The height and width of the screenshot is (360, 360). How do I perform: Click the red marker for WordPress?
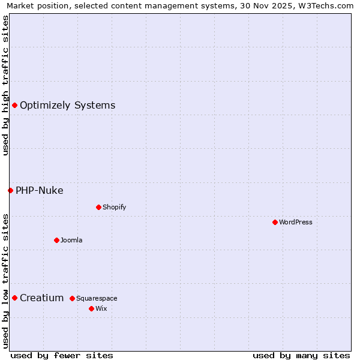(275, 222)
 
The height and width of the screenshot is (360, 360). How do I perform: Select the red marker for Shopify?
(98, 207)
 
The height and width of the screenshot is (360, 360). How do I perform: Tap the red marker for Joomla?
(56, 240)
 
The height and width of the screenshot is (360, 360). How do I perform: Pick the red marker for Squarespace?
(72, 298)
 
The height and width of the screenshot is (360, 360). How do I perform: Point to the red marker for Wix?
(91, 308)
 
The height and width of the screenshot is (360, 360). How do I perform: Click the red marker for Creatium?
(14, 298)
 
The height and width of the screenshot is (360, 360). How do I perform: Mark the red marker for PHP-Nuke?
(10, 190)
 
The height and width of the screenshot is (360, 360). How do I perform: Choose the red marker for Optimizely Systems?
(14, 105)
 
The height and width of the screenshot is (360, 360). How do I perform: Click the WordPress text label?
(296, 222)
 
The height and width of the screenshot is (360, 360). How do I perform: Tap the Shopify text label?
(114, 207)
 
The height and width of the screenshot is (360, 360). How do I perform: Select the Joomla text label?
(71, 240)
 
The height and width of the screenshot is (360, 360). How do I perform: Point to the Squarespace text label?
(97, 298)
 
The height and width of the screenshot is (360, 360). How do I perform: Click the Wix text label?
(101, 308)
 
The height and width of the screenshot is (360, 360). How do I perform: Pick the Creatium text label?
(41, 298)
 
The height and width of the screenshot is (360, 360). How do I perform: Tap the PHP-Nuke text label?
(39, 190)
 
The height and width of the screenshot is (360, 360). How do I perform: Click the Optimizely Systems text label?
(67, 105)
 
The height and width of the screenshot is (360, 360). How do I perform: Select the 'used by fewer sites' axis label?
(62, 355)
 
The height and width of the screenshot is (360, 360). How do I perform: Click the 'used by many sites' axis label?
(301, 355)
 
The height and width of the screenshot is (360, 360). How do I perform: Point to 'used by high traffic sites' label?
(5, 85)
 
